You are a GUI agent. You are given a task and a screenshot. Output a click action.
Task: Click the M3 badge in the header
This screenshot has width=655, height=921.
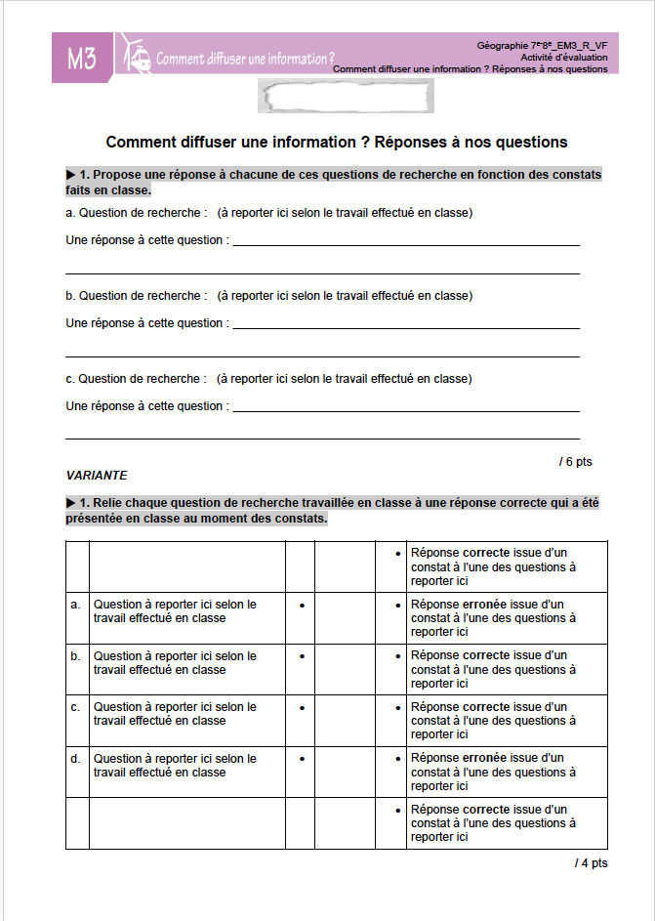point(82,59)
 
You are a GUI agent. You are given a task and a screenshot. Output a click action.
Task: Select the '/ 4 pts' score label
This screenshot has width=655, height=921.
point(591,863)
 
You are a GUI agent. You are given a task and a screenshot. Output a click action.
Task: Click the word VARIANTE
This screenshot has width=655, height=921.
point(97,476)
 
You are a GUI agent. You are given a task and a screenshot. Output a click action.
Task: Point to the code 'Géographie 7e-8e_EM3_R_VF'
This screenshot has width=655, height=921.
point(542,46)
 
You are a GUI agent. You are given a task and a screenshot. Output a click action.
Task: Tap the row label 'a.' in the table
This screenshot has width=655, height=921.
point(76,605)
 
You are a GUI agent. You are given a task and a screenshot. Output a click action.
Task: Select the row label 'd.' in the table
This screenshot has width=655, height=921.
point(76,759)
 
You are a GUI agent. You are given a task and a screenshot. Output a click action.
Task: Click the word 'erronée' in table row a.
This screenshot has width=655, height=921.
point(484,605)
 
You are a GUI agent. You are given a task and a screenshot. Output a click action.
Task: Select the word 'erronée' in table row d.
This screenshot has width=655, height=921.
point(484,758)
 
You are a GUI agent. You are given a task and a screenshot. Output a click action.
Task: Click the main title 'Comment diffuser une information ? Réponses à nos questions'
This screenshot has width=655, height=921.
point(336,143)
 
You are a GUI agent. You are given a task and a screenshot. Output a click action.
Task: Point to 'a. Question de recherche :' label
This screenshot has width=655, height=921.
point(137,213)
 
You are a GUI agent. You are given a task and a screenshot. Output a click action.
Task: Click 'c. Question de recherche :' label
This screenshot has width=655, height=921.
point(137,379)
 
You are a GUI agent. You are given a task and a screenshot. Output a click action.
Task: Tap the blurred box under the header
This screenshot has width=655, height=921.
point(346,97)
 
